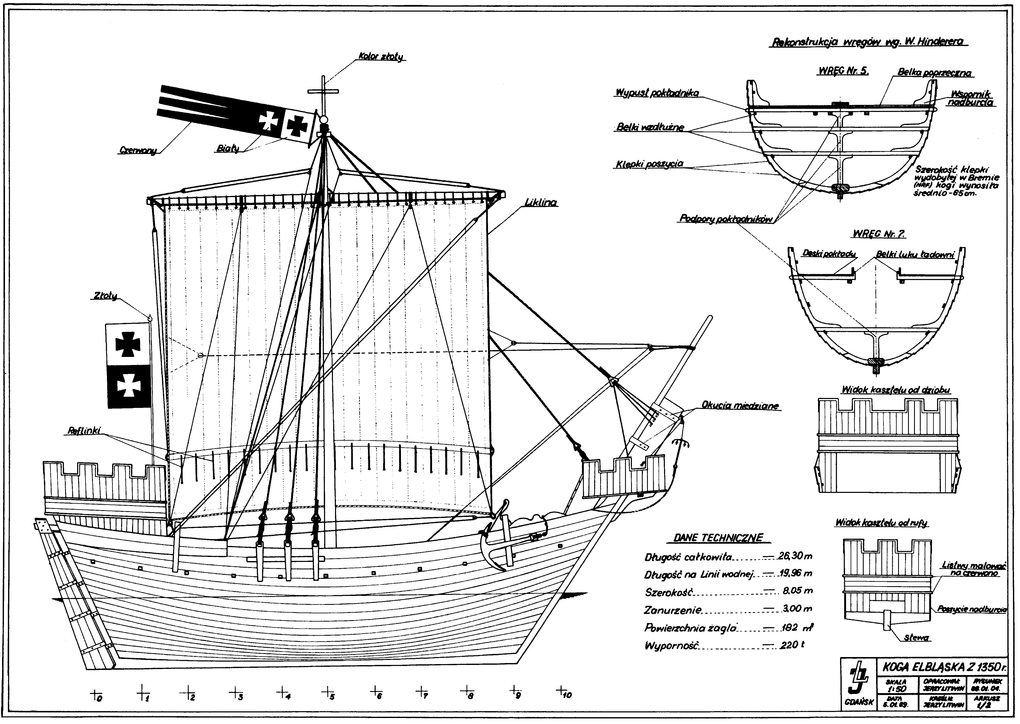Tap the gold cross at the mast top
pyautogui.click(x=323, y=91)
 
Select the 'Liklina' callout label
pyautogui.click(x=541, y=202)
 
